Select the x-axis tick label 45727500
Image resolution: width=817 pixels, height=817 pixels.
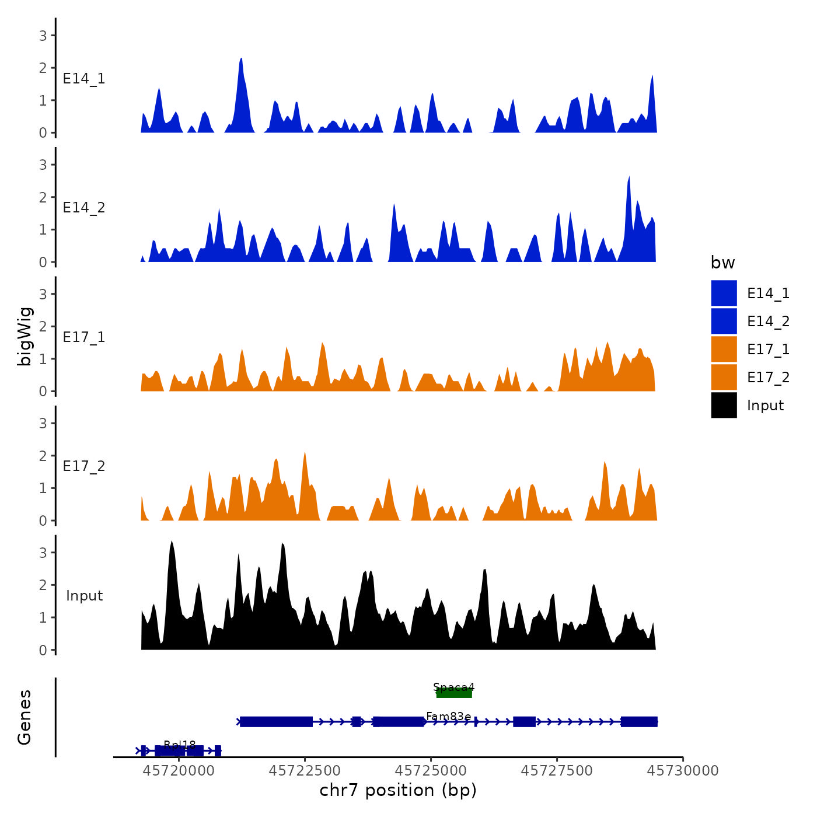tap(557, 771)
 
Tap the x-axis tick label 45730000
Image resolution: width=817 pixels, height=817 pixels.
tap(683, 771)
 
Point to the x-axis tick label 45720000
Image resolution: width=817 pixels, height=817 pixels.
tap(179, 771)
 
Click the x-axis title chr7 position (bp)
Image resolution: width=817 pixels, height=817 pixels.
tap(398, 790)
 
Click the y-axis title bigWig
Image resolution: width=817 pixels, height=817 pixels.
tap(25, 337)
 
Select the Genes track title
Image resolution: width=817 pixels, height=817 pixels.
tap(25, 717)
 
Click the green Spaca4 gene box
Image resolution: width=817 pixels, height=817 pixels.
tap(454, 693)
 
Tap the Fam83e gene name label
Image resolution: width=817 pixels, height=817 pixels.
tap(448, 716)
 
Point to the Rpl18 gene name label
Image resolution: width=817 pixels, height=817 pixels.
tap(180, 745)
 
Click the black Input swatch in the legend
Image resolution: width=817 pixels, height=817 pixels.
tap(724, 405)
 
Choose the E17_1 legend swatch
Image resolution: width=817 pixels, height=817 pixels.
tap(724, 349)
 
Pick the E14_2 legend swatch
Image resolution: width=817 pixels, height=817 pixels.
tap(724, 321)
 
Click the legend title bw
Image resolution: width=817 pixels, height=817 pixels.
tap(722, 263)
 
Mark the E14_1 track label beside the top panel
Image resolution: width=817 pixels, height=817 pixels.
tap(84, 79)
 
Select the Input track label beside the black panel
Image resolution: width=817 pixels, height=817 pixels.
tap(84, 596)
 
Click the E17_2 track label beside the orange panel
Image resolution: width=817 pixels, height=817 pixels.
tap(84, 466)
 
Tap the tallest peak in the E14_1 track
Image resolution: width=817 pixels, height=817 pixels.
tap(241, 60)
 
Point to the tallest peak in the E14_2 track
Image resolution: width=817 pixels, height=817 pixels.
tap(629, 177)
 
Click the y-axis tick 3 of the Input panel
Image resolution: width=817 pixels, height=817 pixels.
tap(43, 553)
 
